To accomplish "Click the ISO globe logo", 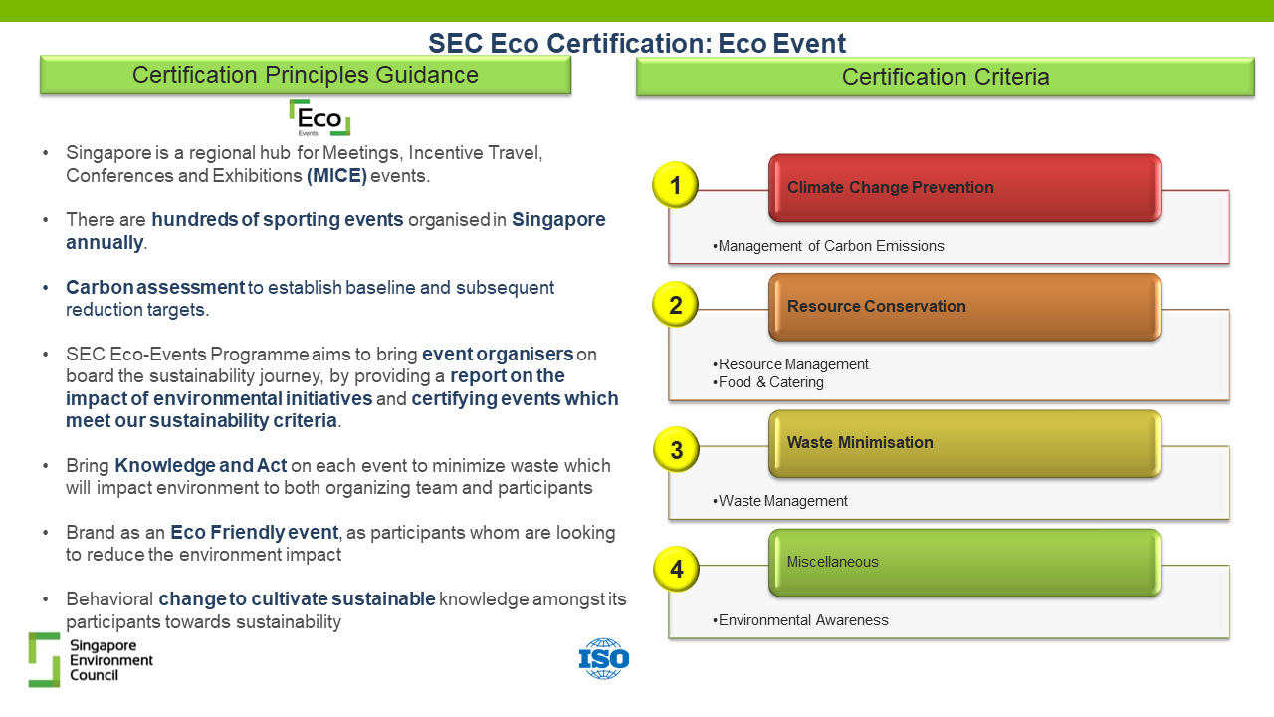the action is point(604,658).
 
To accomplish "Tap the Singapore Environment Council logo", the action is point(91,659).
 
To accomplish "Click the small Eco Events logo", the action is point(319,118).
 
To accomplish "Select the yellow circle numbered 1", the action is point(675,185).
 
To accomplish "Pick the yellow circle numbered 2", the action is point(675,305).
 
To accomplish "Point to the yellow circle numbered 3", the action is point(676,449).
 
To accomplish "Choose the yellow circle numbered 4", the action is point(676,569).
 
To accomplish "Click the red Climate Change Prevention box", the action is point(964,188).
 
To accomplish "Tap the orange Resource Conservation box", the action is point(964,307).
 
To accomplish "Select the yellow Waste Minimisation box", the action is point(964,443).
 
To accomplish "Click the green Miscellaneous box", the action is point(964,563).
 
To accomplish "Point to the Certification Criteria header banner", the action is point(946,77).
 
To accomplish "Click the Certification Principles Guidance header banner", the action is point(306,75).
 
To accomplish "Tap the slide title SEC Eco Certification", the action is point(637,43).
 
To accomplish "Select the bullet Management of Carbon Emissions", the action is point(828,246).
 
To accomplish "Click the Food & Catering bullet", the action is point(767,382).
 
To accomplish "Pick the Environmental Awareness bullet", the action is point(800,620).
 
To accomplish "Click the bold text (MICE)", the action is point(336,176).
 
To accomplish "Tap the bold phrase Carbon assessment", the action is point(155,288).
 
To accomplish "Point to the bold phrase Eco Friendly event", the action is point(254,532).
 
